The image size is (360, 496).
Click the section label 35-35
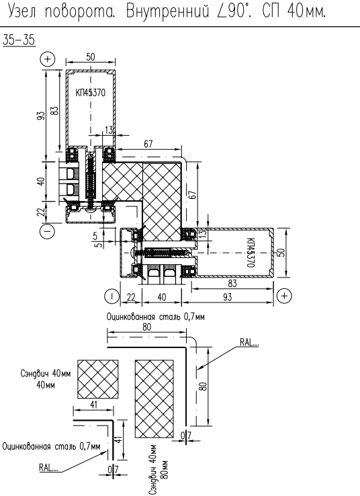[19, 40]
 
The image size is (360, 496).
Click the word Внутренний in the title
[167, 11]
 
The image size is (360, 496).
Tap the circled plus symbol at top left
[48, 59]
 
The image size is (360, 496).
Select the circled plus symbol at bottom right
[284, 296]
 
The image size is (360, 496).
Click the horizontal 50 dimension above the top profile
[91, 57]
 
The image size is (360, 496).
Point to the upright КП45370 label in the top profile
[91, 93]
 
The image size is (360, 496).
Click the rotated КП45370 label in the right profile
[250, 253]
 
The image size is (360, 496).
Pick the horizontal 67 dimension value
[148, 144]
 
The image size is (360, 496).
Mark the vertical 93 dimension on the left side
[41, 116]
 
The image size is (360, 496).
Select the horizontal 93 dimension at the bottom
[227, 297]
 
